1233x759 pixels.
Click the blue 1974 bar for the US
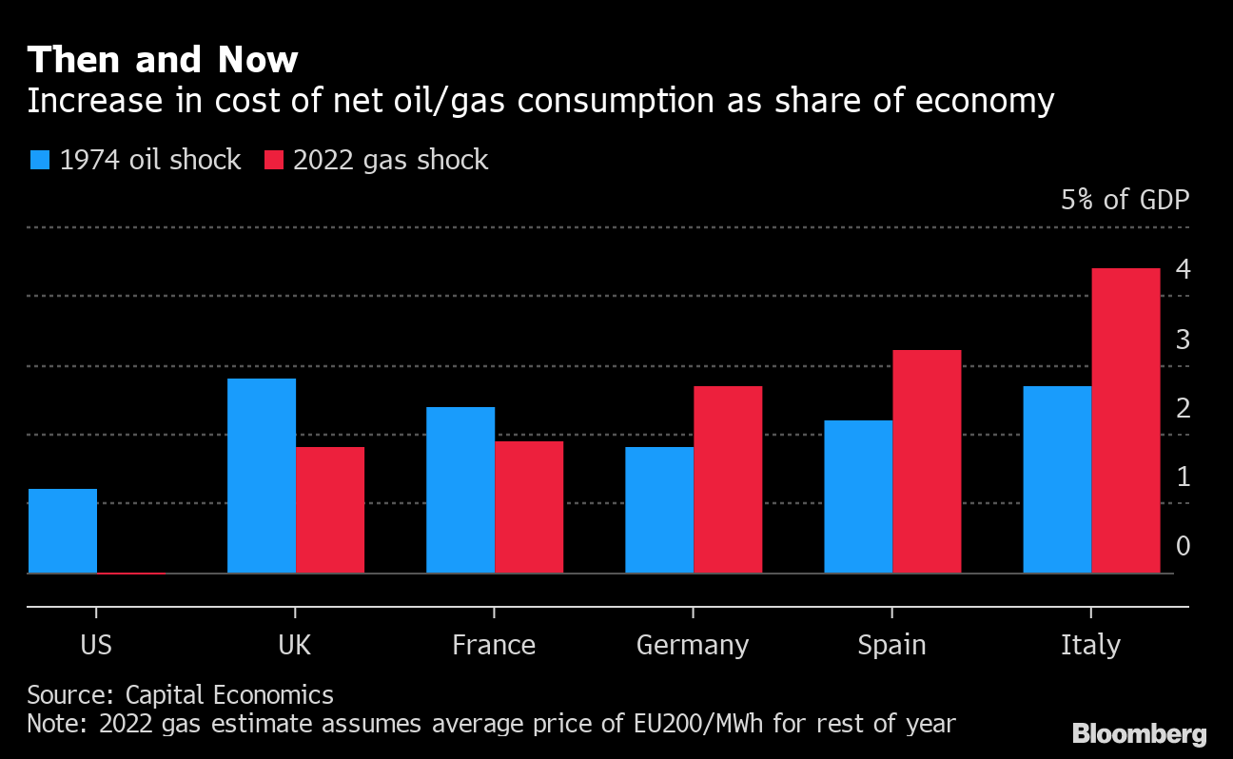(x=63, y=531)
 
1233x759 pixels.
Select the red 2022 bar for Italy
(x=1125, y=420)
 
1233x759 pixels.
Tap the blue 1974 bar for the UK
(x=262, y=476)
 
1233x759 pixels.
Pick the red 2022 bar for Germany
(x=728, y=479)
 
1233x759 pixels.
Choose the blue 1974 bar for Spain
(x=858, y=496)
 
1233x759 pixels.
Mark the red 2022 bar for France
(x=529, y=507)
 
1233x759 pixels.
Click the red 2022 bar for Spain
(x=927, y=461)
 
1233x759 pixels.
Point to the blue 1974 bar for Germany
(x=659, y=510)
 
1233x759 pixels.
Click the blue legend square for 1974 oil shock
(x=39, y=160)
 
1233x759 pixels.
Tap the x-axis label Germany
(x=693, y=645)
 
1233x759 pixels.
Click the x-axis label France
(x=494, y=645)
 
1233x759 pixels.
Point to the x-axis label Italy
(x=1090, y=645)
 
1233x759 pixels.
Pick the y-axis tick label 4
(x=1183, y=270)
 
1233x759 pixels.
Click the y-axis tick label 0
(x=1183, y=546)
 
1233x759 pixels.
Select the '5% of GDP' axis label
(x=1125, y=200)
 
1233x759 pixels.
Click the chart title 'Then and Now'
(x=163, y=61)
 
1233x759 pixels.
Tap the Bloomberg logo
(x=1139, y=733)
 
